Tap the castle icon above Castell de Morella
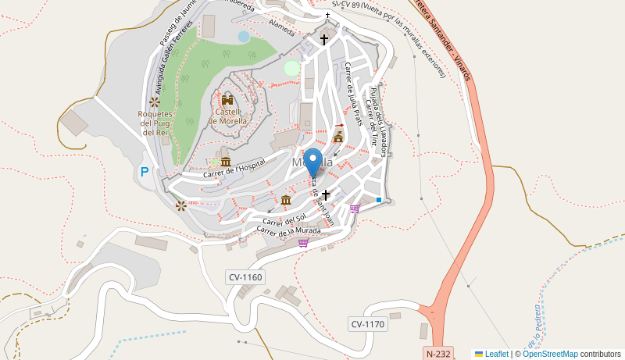coord(227,100)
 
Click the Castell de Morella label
coord(227,116)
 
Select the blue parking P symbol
coord(144,172)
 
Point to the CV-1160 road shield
coord(245,277)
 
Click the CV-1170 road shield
coord(367,324)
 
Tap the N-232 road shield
coord(440,353)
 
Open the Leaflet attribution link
coord(496,354)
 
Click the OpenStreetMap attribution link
coord(550,354)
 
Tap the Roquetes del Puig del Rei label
coord(155,123)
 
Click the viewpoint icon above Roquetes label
coord(155,102)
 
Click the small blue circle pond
coord(244,36)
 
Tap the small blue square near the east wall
coord(379,201)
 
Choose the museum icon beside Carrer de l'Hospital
coord(226,162)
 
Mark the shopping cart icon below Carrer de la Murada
coord(303,243)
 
